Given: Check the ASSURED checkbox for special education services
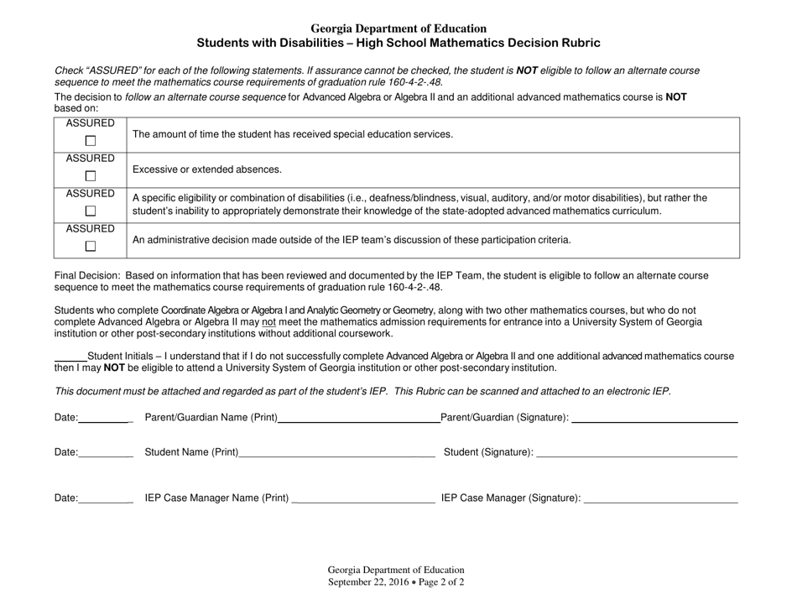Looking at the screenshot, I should [91, 141].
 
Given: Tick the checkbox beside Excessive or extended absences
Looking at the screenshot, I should [91, 176].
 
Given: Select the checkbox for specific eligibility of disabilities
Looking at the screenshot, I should [91, 211].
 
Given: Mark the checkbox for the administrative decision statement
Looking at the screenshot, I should [91, 246].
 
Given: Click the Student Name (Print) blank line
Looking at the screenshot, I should [336, 456].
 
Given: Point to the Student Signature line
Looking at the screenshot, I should [636, 456].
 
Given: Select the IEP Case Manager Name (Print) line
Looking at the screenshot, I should [362, 502].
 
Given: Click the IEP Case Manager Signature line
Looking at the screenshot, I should [660, 502].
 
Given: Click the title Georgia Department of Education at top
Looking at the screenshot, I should [398, 29].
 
